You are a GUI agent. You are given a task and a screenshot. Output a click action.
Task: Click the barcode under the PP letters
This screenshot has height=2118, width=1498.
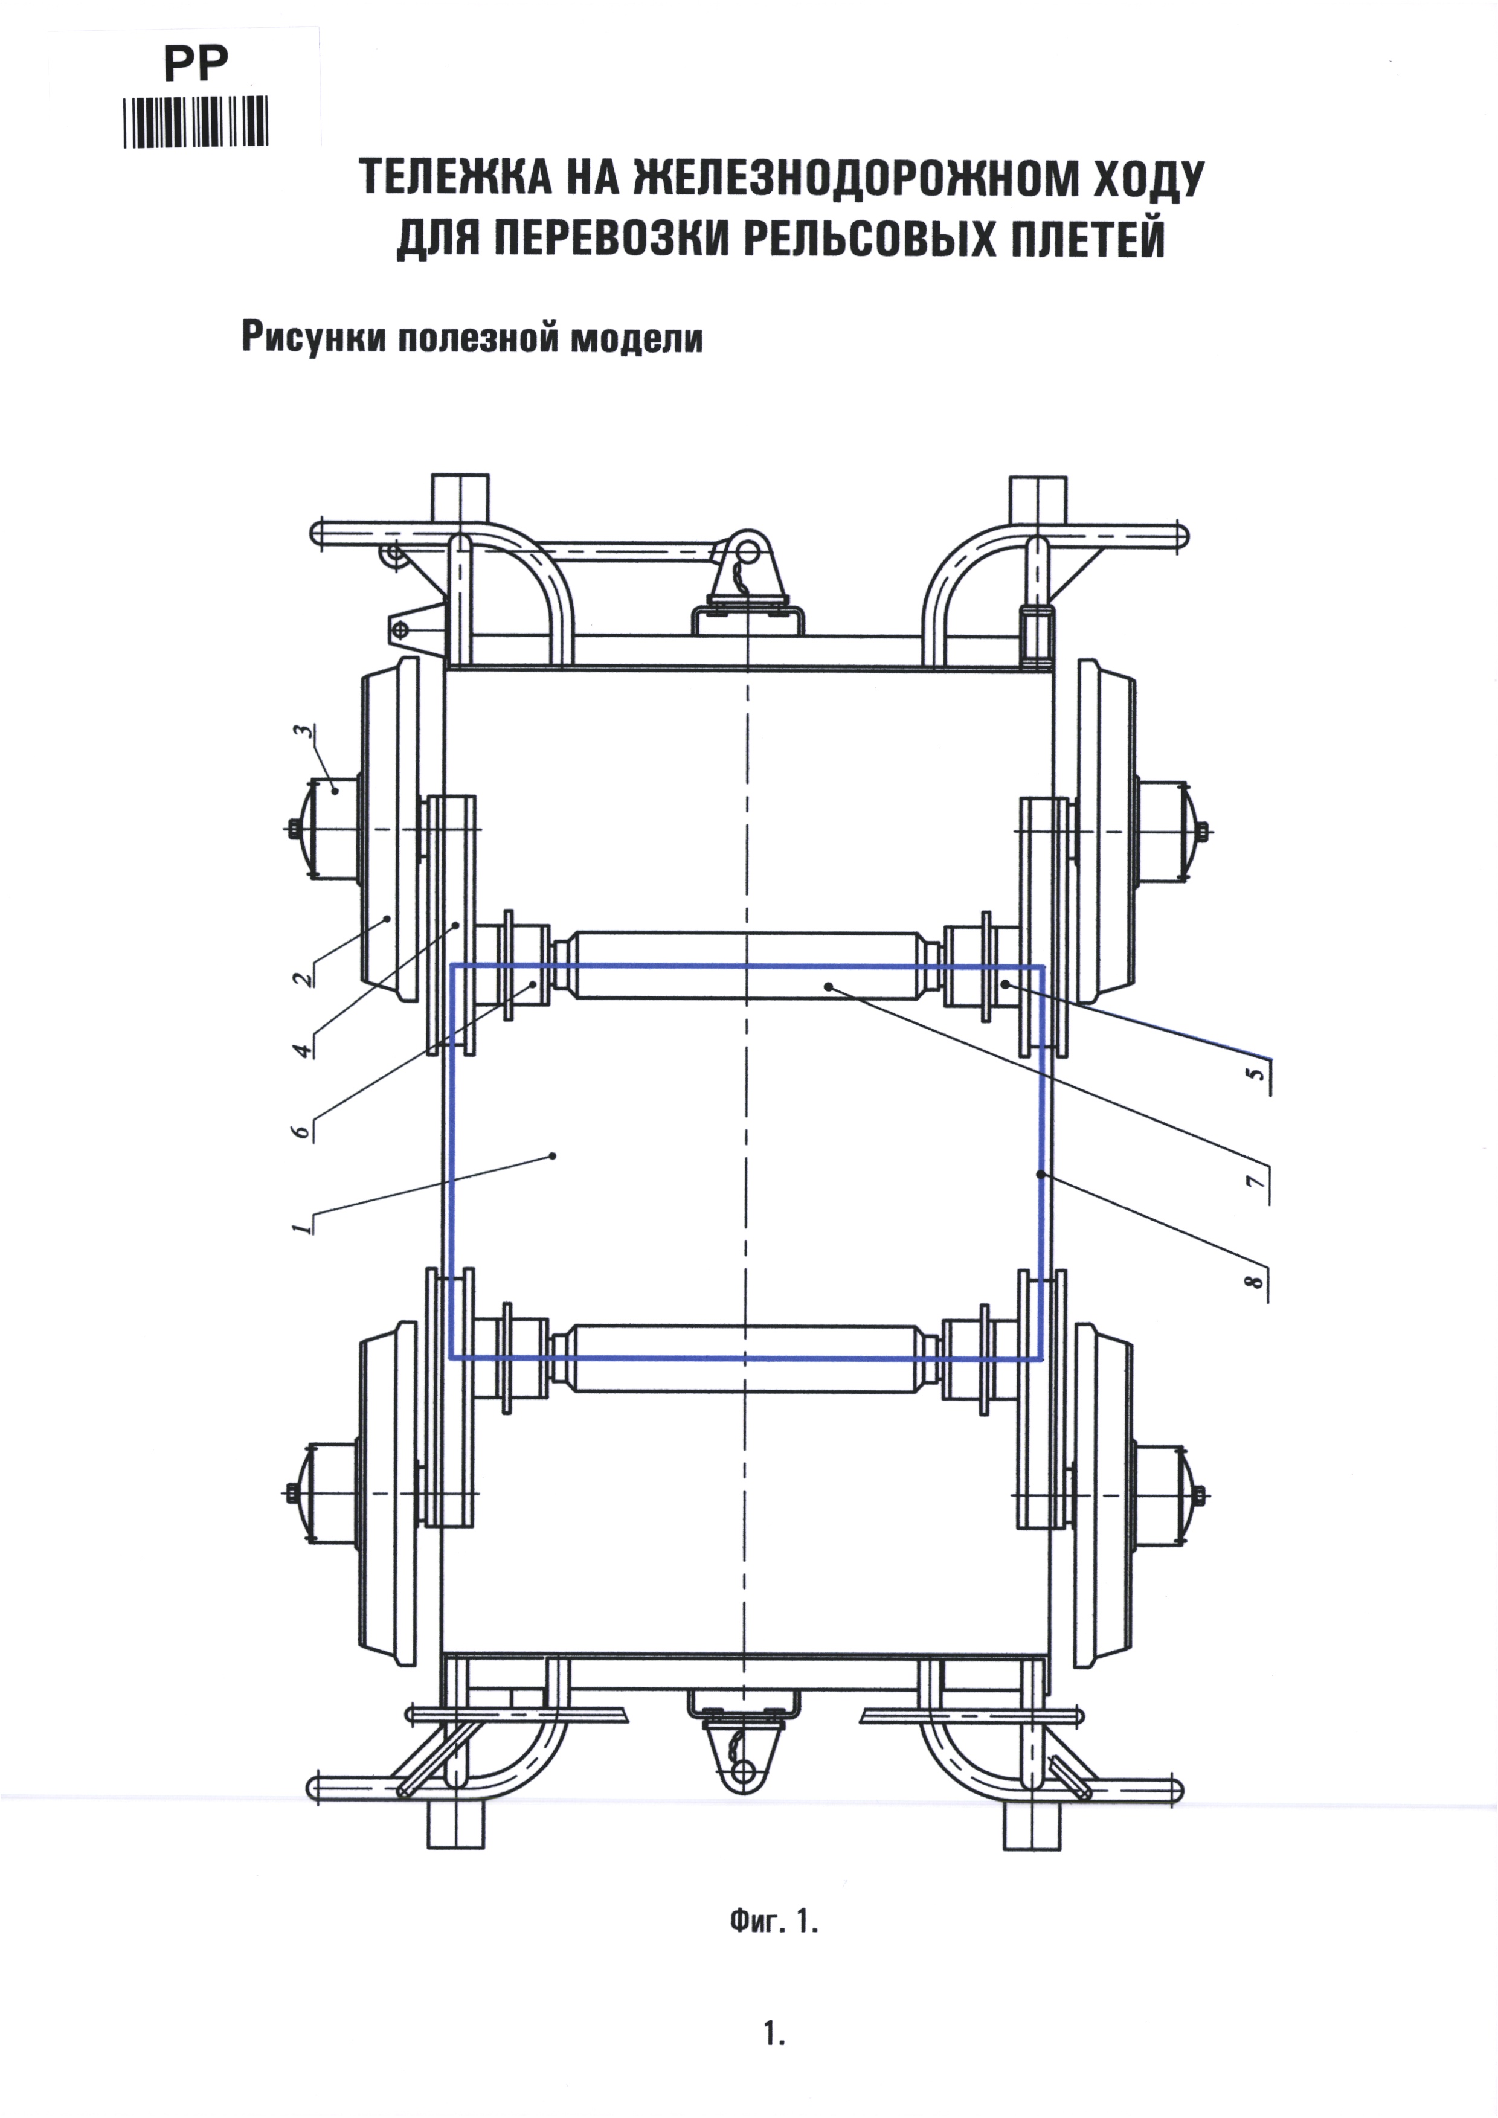click(196, 122)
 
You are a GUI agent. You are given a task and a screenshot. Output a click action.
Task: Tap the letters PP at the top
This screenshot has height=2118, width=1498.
click(196, 65)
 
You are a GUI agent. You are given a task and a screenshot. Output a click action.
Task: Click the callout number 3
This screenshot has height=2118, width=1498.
click(301, 733)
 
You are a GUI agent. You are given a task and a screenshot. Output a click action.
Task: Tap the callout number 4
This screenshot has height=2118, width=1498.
click(301, 1050)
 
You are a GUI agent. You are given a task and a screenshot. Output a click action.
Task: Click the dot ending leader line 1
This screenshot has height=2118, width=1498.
click(553, 1155)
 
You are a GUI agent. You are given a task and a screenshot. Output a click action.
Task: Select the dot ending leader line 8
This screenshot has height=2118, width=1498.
click(1041, 1174)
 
